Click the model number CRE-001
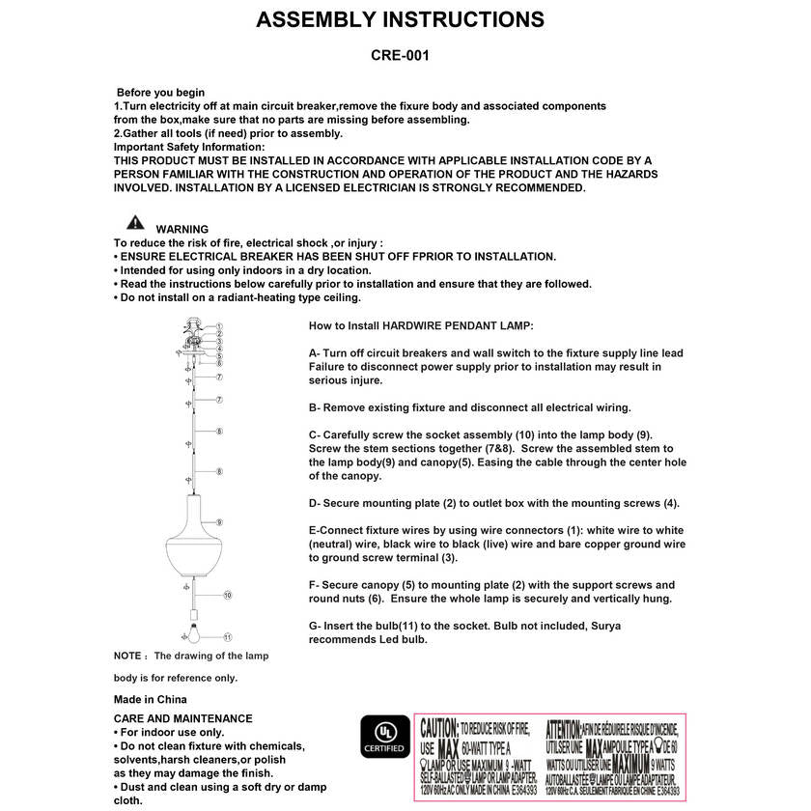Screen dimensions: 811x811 pyautogui.click(x=400, y=56)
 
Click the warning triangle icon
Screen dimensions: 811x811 pyautogui.click(x=135, y=221)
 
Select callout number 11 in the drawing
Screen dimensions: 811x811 pyautogui.click(x=227, y=637)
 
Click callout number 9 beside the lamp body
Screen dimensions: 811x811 pyautogui.click(x=219, y=520)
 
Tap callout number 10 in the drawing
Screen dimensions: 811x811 pyautogui.click(x=227, y=596)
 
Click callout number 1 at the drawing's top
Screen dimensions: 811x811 pyautogui.click(x=219, y=327)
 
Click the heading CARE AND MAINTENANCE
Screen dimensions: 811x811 pyautogui.click(x=182, y=718)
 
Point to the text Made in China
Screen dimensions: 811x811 pyautogui.click(x=151, y=699)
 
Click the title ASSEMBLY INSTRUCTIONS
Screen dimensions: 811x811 pyautogui.click(x=400, y=20)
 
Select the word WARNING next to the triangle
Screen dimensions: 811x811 pyautogui.click(x=182, y=229)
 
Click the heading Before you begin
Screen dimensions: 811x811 pyautogui.click(x=160, y=93)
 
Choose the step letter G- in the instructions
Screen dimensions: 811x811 pyautogui.click(x=315, y=626)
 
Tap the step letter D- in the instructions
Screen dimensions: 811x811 pyautogui.click(x=315, y=503)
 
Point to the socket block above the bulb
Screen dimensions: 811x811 pyautogui.click(x=192, y=612)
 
